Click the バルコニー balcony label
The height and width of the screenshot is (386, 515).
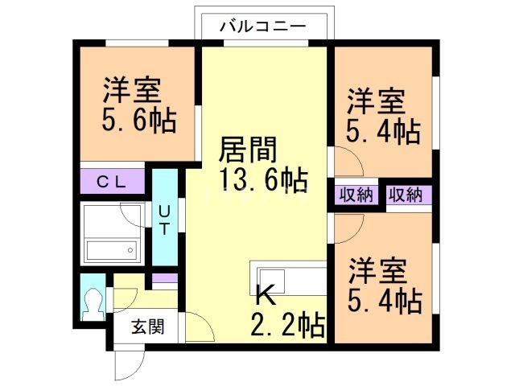click(x=264, y=26)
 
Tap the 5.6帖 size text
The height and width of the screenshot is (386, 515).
click(x=138, y=121)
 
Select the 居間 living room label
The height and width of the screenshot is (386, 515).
click(x=249, y=150)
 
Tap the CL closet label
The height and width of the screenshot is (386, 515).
click(x=113, y=181)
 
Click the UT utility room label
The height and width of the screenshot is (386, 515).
click(x=163, y=219)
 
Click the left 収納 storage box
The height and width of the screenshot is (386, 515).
click(x=355, y=195)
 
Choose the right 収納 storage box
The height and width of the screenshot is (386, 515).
click(x=406, y=195)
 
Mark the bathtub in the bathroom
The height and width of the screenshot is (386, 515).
click(x=113, y=249)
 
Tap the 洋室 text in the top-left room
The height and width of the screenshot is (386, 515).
click(x=132, y=88)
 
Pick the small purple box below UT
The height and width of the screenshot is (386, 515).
click(x=164, y=277)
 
